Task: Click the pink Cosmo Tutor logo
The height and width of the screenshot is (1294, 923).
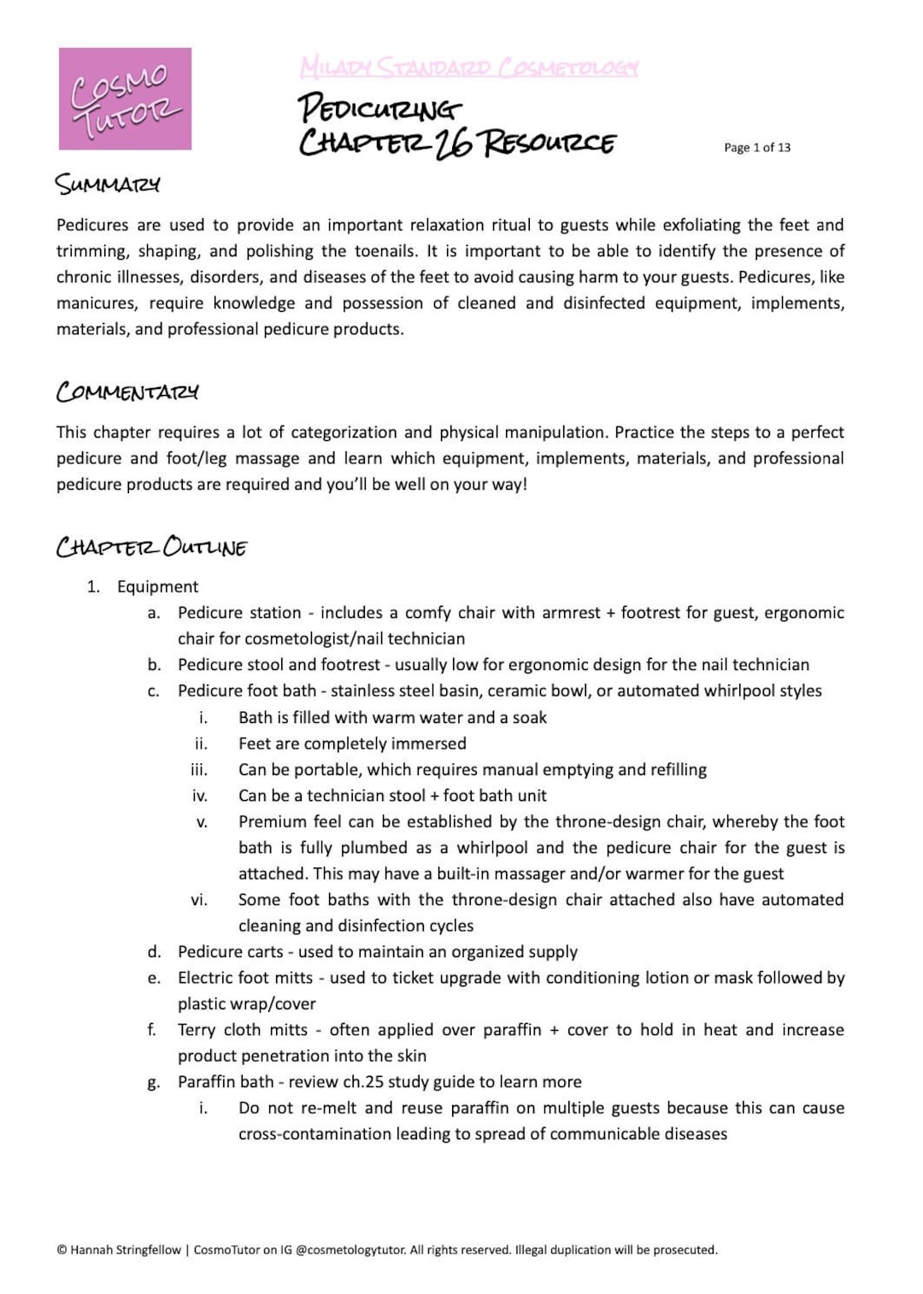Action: (x=125, y=99)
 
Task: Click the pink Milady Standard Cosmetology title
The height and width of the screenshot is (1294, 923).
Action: (x=469, y=67)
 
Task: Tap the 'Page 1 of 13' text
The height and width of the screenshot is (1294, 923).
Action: (x=756, y=147)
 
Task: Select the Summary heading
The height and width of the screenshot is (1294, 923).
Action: (x=108, y=184)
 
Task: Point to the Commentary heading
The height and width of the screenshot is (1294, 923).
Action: (x=127, y=391)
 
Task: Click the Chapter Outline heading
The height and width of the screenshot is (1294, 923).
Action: (x=151, y=546)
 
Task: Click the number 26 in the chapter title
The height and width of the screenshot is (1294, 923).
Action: (x=453, y=143)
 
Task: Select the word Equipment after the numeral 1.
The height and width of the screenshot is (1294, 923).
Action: (x=157, y=586)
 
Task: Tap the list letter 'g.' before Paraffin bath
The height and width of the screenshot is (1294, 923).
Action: (x=154, y=1082)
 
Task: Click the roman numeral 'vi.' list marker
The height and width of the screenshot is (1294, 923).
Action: (x=199, y=900)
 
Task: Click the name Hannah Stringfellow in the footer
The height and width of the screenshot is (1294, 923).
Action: (x=126, y=1250)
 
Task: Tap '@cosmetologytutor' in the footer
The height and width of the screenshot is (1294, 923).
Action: (x=350, y=1250)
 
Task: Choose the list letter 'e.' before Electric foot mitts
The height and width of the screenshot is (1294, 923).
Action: (x=154, y=978)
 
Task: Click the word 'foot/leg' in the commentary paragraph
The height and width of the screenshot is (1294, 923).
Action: (x=197, y=458)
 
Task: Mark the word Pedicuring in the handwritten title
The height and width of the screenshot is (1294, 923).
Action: (x=379, y=109)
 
